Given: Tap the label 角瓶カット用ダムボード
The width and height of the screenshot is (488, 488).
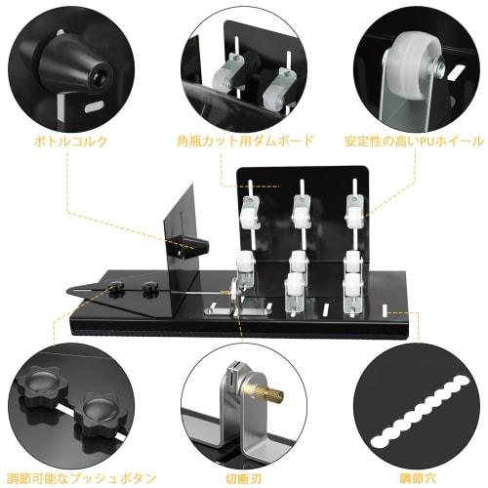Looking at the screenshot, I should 245,141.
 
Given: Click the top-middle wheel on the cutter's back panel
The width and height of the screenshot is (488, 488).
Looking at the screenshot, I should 303,207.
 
